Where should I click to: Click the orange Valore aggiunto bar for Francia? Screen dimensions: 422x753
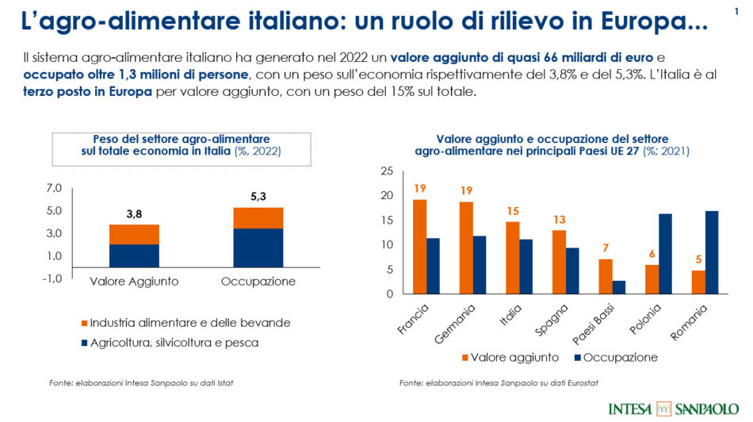tap(420, 246)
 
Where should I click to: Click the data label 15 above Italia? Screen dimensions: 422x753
tap(513, 211)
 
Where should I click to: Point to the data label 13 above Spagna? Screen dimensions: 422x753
tap(560, 220)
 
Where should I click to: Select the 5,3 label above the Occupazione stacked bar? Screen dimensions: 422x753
tap(258, 196)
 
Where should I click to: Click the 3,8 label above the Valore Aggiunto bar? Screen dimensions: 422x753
tap(134, 213)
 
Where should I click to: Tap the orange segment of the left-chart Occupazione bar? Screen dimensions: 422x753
tap(258, 218)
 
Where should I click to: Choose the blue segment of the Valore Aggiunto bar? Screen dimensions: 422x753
tap(134, 255)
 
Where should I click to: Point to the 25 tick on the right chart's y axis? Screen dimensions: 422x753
tap(387, 171)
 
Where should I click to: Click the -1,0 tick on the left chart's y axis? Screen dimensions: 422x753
tap(52, 278)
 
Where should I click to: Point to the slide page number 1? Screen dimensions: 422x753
tap(736, 10)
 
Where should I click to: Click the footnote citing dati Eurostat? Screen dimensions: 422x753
tap(499, 384)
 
